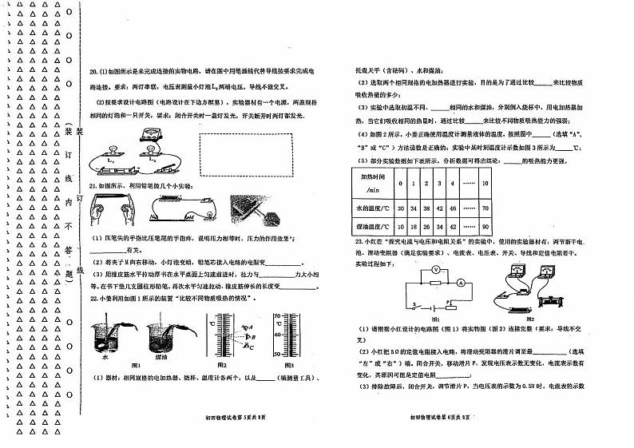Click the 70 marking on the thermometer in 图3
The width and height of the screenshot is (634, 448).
pyautogui.click(x=277, y=316)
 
